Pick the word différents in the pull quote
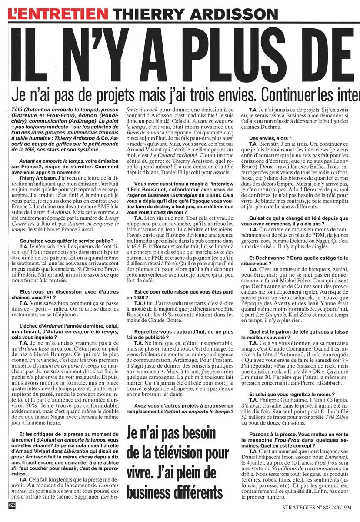[x=191, y=492]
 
